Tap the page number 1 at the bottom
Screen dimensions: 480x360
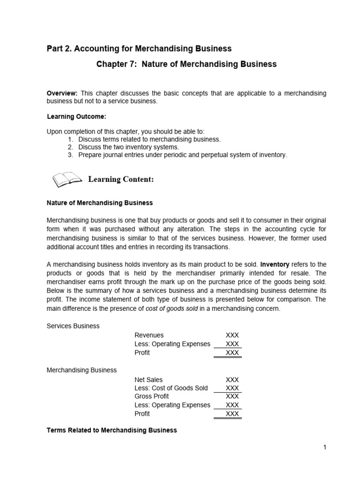[324, 447]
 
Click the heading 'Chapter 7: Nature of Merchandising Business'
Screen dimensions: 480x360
[186, 64]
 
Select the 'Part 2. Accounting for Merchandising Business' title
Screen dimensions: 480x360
[139, 49]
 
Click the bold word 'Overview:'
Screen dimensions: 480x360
[62, 93]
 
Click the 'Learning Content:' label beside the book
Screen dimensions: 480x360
[121, 180]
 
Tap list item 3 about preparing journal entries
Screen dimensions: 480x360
[182, 155]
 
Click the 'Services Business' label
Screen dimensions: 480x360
[73, 326]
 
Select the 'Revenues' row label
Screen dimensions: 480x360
[149, 335]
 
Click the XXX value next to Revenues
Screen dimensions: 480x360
[232, 335]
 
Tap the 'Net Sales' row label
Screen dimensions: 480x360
[149, 380]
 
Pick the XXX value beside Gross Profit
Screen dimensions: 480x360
[232, 397]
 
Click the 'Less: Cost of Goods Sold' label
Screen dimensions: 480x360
[171, 388]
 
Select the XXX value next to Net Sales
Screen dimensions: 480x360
[232, 380]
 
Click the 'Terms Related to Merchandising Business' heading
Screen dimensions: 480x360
[112, 430]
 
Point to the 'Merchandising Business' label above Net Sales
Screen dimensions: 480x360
[82, 370]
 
